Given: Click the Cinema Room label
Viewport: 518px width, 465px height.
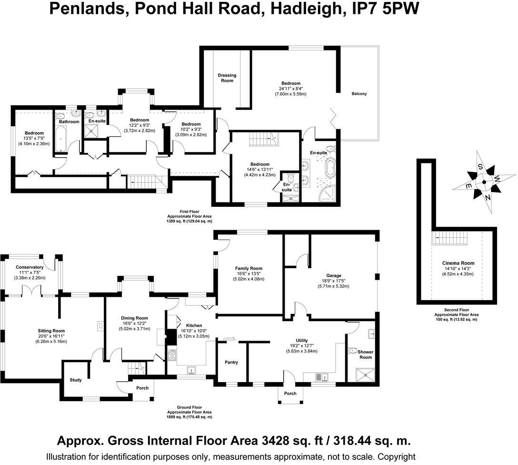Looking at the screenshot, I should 458,263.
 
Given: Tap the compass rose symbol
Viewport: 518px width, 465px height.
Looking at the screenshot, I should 484,182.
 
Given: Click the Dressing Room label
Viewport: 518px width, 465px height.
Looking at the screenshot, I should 227,78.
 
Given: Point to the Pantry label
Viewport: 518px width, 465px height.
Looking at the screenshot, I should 231,363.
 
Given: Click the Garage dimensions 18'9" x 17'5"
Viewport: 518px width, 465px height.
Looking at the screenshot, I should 333,281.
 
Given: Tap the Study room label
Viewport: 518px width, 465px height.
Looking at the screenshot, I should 76,380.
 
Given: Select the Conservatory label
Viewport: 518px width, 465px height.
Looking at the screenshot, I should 30,267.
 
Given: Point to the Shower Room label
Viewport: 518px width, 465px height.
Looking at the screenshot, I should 365,354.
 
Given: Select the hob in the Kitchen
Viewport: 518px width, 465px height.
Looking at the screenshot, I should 171,355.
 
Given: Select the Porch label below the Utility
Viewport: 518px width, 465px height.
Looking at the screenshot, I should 290,394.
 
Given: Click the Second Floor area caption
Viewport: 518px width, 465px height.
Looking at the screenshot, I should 456,315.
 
